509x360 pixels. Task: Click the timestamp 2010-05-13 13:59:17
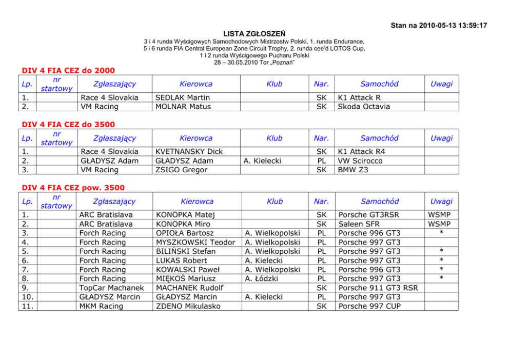coord(453,25)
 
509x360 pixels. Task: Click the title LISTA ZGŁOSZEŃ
coord(254,33)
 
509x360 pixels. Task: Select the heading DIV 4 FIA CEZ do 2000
coord(68,70)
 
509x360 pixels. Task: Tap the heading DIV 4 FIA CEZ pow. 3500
coord(73,188)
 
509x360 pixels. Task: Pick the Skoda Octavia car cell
coord(364,107)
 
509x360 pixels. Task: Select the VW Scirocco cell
coord(360,161)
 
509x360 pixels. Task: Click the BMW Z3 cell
coord(353,170)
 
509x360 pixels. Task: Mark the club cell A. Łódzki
coord(262,278)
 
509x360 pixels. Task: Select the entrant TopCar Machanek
coord(111,288)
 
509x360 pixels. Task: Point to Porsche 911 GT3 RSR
coord(378,288)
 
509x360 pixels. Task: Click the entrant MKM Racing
coord(101,306)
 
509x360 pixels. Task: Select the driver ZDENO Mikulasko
coord(188,306)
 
